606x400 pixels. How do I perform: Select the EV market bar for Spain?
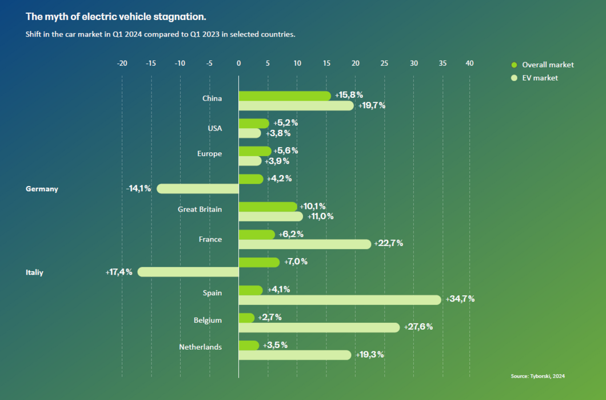tap(340, 299)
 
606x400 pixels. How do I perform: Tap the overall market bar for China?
tap(284, 96)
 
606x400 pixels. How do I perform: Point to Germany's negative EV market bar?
tap(198, 188)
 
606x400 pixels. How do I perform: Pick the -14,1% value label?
tap(138, 188)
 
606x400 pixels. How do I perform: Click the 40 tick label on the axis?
tap(469, 64)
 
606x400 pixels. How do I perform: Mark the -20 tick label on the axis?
tap(121, 64)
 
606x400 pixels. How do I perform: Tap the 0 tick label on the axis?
tap(238, 64)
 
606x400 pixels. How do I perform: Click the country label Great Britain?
tap(200, 209)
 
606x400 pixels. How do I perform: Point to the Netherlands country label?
tap(200, 347)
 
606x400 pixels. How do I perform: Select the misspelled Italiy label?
tap(34, 273)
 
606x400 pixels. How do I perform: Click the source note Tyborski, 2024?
tap(537, 376)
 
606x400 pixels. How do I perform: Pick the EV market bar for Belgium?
tap(319, 327)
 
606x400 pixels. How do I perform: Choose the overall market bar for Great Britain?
tap(268, 207)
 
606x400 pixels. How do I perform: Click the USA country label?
tap(214, 128)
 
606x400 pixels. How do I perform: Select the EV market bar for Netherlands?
tap(294, 355)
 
